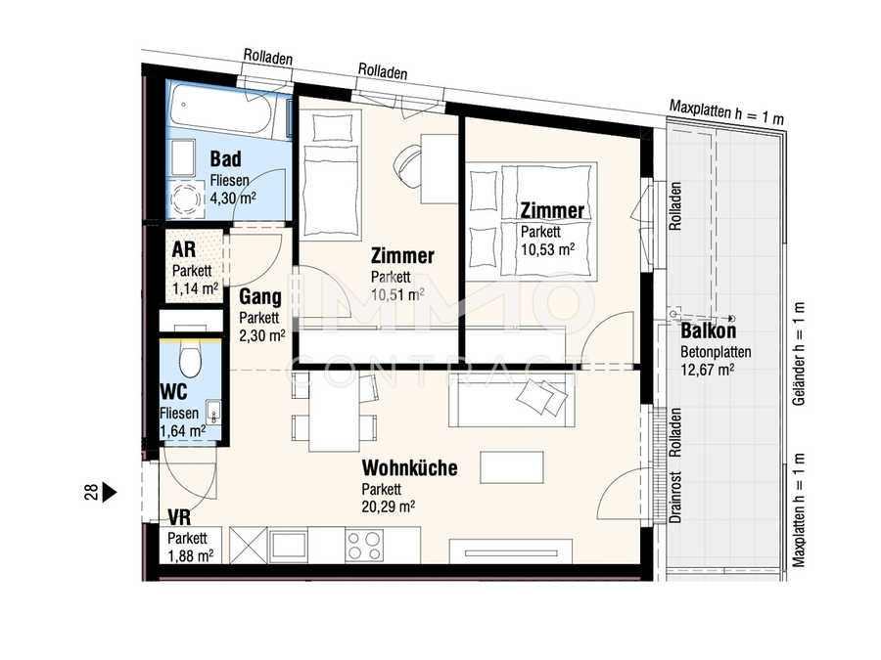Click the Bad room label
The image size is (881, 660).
225,158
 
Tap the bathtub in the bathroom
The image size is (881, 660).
228,111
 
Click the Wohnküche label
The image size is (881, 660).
409,468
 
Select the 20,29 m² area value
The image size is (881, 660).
389,506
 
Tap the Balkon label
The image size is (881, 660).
708,331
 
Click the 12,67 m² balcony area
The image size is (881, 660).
707,370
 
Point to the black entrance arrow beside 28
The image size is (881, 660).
110,493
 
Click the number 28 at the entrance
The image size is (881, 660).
90,493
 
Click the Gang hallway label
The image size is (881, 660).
260,297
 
